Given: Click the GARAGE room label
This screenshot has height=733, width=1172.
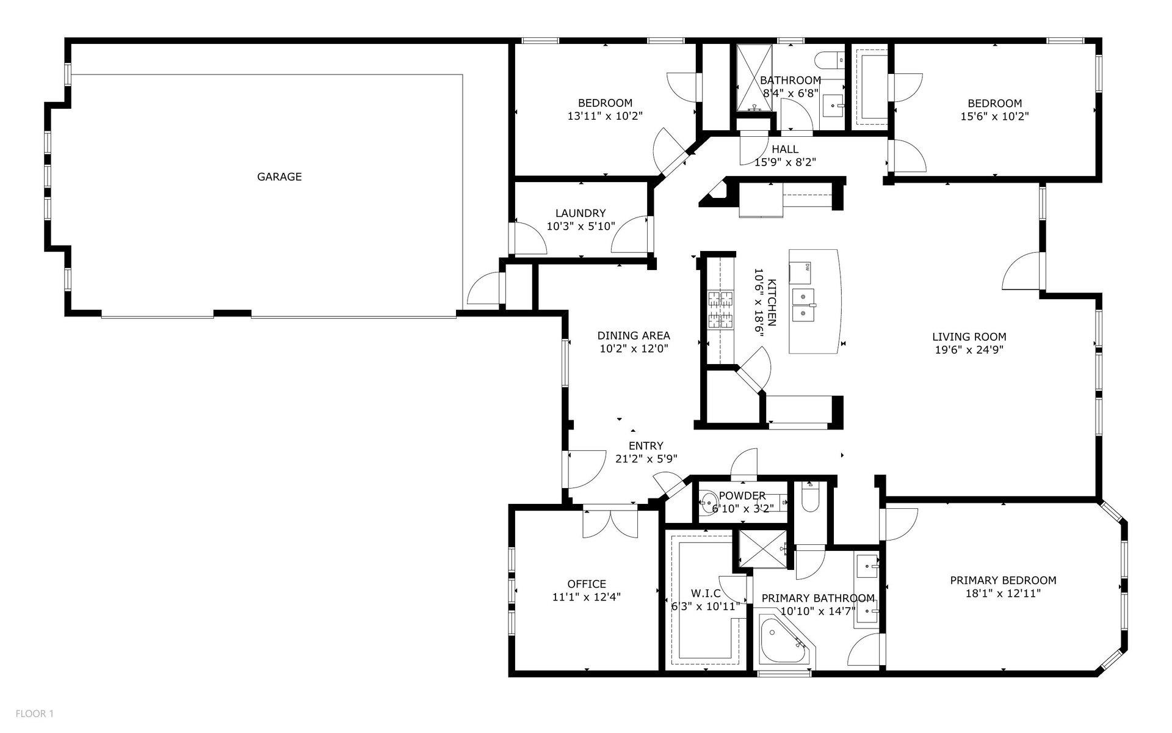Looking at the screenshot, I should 279,177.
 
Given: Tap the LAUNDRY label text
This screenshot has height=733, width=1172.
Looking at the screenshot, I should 580,213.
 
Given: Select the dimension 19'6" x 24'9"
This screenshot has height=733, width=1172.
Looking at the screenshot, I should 969,350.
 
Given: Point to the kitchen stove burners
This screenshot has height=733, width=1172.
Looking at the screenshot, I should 720,310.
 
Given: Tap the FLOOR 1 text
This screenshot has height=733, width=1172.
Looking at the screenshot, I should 35,713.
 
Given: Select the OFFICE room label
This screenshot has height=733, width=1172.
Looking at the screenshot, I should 586,584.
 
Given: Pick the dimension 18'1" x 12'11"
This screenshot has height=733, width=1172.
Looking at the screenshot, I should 1003,593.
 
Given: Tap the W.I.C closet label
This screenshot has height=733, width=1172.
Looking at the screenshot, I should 706,593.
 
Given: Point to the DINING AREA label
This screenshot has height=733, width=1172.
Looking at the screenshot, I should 633,335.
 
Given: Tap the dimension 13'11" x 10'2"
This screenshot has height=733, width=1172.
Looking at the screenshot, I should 605,116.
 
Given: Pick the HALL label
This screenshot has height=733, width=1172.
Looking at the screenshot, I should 784,149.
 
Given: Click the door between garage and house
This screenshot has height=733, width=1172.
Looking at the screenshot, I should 485,289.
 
